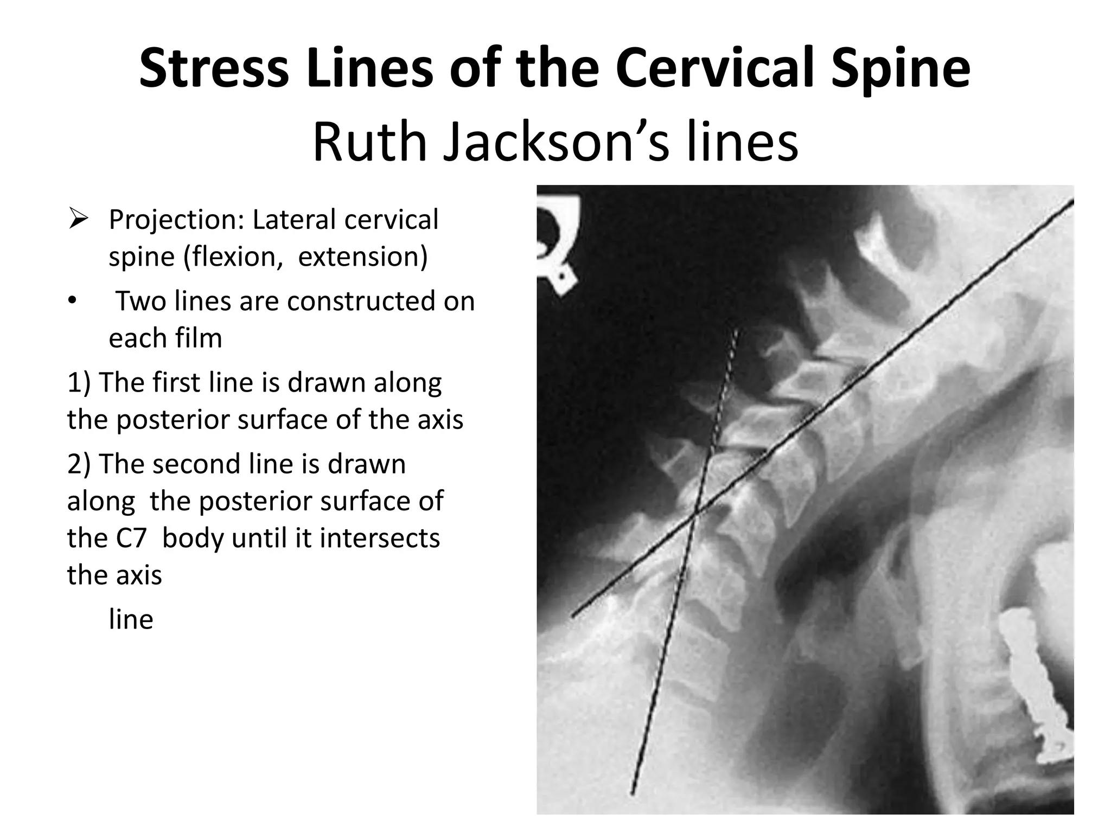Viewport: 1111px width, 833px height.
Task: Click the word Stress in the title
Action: tap(214, 69)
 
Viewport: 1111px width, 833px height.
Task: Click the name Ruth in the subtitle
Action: tap(369, 142)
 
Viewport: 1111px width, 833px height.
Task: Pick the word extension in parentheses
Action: tap(362, 257)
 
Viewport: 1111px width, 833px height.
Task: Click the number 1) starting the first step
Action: tap(79, 383)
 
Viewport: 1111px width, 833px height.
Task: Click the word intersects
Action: tap(379, 539)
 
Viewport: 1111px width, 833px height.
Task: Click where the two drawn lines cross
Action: tap(696, 511)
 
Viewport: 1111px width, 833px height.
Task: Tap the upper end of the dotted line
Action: tap(736, 330)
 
